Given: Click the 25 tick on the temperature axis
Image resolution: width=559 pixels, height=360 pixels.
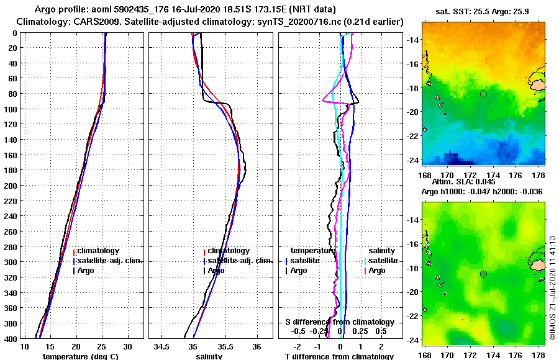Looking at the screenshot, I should click(x=102, y=346).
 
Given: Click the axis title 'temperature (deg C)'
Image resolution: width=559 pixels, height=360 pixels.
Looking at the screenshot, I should click(x=80, y=356).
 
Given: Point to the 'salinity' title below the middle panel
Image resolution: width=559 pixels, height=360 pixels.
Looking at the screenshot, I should click(x=209, y=356).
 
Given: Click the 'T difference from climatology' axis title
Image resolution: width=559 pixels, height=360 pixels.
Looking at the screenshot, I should click(x=339, y=356).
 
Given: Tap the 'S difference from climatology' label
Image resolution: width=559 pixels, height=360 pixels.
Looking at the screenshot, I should click(x=339, y=322).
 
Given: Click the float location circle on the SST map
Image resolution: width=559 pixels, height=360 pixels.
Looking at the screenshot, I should click(x=483, y=94).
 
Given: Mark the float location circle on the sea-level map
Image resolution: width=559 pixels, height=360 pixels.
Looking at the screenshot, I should click(x=483, y=274).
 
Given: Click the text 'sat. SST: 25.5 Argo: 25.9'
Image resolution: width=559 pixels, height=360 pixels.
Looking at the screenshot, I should click(x=483, y=11).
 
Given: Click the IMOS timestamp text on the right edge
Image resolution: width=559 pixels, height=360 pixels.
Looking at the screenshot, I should click(x=552, y=287).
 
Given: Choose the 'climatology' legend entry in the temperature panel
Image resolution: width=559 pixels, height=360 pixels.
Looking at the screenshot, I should click(x=98, y=251).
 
